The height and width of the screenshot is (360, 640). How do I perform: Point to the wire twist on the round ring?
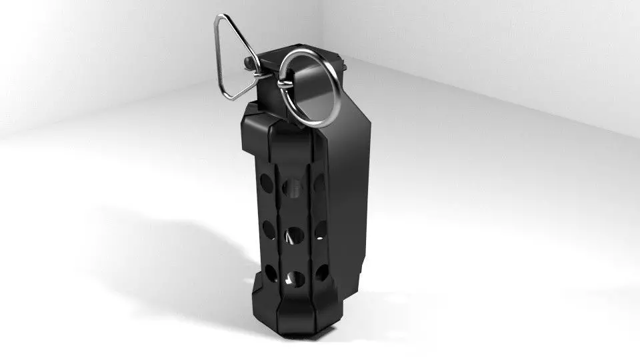[x=283, y=82]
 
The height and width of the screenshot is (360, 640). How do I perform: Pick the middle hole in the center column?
[x=293, y=234]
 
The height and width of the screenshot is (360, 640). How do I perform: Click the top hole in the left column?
[x=266, y=182]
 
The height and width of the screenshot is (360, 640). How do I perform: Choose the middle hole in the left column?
[x=269, y=228]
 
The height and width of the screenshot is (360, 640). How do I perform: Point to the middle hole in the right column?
[x=321, y=230]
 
